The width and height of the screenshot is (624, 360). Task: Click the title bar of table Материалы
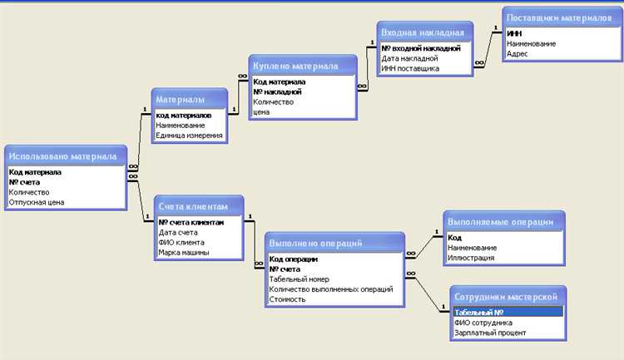click(190, 99)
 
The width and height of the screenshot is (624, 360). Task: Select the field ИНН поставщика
click(410, 68)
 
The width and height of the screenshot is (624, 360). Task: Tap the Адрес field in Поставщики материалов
click(517, 54)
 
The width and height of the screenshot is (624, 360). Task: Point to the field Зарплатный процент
click(490, 333)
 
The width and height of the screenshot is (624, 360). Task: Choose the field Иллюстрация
click(471, 258)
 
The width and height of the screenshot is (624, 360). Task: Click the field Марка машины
click(184, 252)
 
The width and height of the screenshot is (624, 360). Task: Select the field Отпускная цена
click(37, 202)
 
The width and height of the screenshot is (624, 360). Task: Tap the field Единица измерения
click(189, 136)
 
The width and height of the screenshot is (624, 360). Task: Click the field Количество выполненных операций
click(330, 289)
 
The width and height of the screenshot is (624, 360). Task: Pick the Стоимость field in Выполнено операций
click(287, 299)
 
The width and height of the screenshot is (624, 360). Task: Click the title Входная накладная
click(423, 32)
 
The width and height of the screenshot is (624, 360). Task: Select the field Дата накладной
click(409, 58)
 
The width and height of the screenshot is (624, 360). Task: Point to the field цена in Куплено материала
click(261, 111)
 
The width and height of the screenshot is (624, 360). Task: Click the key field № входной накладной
click(421, 48)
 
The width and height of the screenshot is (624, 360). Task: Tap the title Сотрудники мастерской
click(506, 297)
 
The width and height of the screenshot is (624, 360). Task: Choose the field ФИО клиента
click(181, 242)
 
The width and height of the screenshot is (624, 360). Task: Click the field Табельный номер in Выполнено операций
click(299, 279)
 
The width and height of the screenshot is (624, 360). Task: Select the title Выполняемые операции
click(500, 222)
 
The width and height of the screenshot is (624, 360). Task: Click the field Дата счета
click(178, 232)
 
